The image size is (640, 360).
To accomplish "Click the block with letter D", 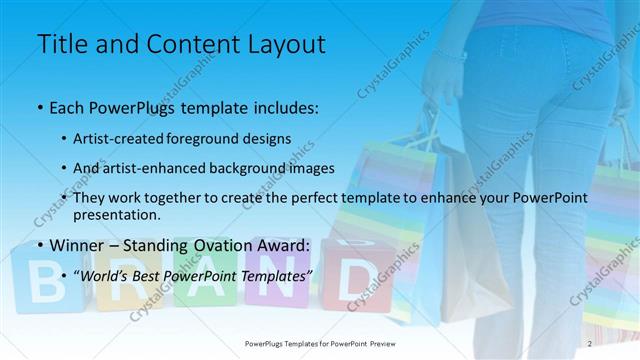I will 353,280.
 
